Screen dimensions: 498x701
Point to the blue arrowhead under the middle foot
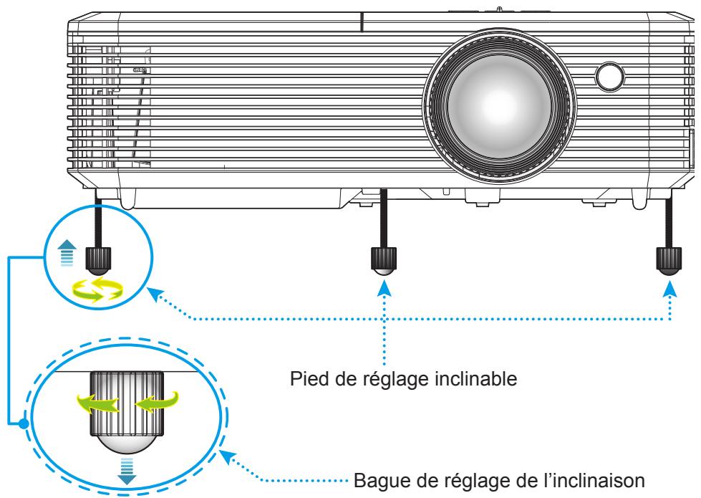(x=385, y=287)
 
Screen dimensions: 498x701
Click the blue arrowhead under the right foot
(x=671, y=287)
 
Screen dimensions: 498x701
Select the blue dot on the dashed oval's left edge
(x=24, y=423)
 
